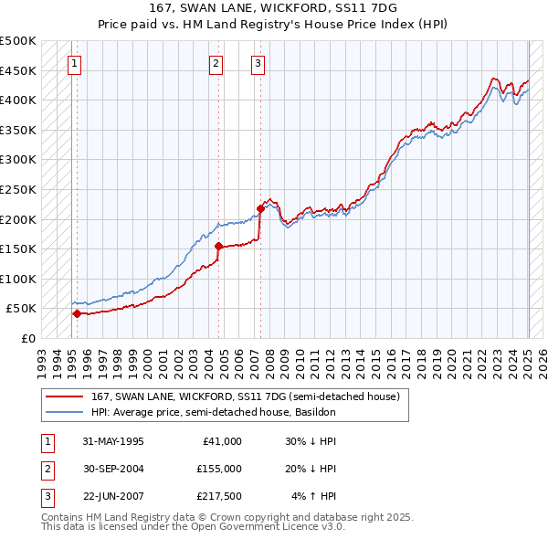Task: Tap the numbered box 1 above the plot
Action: coord(73,63)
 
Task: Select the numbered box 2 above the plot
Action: coord(216,63)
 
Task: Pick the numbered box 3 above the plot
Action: coord(258,63)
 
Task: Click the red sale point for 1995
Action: coord(77,313)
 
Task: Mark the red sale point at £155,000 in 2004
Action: coord(219,246)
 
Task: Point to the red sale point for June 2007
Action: coord(260,208)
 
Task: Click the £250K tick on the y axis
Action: coord(18,189)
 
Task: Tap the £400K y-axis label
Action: coord(18,100)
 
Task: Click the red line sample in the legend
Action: coord(66,396)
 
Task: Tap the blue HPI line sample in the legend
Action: coord(66,412)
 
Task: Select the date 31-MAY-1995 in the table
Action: coord(112,441)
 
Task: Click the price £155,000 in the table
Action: coord(218,469)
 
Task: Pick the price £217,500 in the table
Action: coord(218,496)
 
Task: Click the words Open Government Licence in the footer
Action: coord(263,527)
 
